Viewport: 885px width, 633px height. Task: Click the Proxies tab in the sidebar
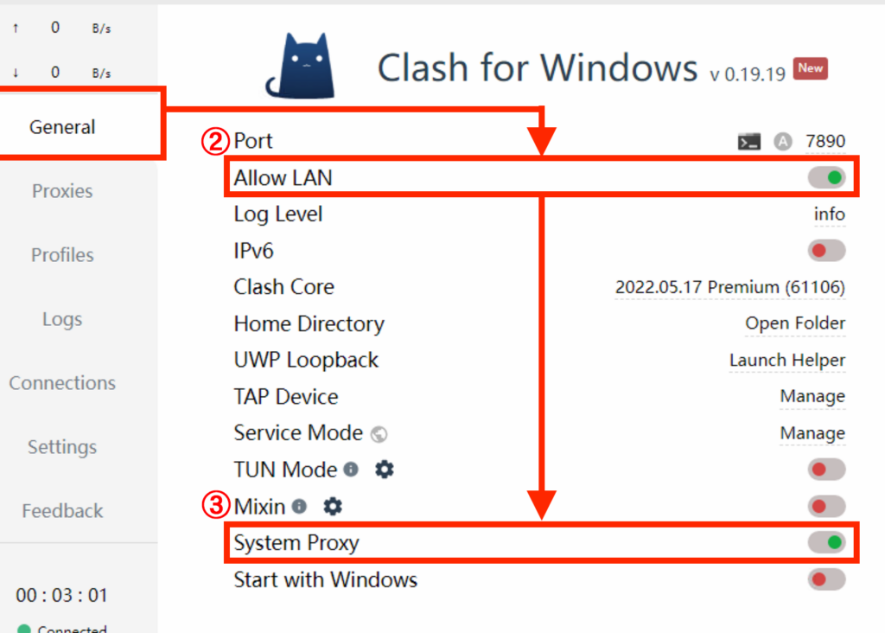(x=62, y=191)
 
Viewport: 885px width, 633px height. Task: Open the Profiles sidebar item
(x=62, y=254)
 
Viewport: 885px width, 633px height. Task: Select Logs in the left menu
(x=62, y=319)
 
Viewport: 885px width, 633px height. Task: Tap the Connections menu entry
(x=62, y=383)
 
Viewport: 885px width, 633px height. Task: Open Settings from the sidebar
(x=62, y=447)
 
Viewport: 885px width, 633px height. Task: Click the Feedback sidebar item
(x=62, y=510)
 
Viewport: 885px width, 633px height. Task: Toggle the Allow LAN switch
(x=826, y=177)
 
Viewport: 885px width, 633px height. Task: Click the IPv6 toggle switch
(x=826, y=250)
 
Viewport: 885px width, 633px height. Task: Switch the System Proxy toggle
(x=826, y=542)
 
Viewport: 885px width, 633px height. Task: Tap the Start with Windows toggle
(x=826, y=579)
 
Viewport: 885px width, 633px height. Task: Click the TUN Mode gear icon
(x=385, y=470)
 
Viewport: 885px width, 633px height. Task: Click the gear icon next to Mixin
(x=333, y=506)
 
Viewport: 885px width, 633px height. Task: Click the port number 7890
(x=825, y=141)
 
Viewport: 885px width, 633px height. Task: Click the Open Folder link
(x=795, y=323)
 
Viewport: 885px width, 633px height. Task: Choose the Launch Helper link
(x=787, y=360)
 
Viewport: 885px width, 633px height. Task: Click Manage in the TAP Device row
(x=812, y=396)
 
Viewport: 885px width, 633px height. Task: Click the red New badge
(x=810, y=68)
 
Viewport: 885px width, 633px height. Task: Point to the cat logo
(x=302, y=66)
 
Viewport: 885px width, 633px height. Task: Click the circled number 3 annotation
(x=215, y=505)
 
